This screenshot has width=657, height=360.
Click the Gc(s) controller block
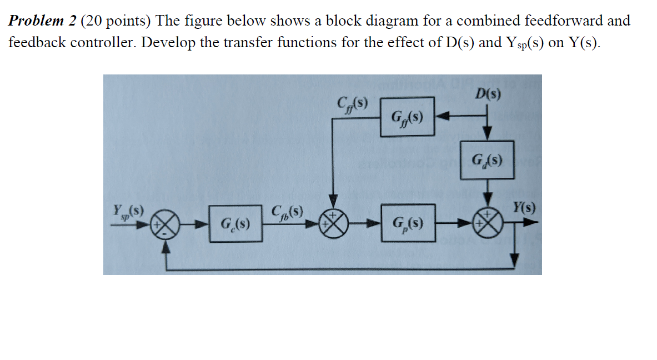pos(235,224)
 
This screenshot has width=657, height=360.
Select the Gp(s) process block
pos(407,223)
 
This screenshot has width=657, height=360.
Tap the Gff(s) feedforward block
pos(407,117)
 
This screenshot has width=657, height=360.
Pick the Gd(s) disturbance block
pos(487,161)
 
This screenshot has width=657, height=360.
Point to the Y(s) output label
pos(524,208)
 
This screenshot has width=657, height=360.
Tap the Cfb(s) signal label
pos(287,212)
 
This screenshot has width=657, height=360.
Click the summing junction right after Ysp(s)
pos(168,224)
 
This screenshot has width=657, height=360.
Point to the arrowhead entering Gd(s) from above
pos(487,135)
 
